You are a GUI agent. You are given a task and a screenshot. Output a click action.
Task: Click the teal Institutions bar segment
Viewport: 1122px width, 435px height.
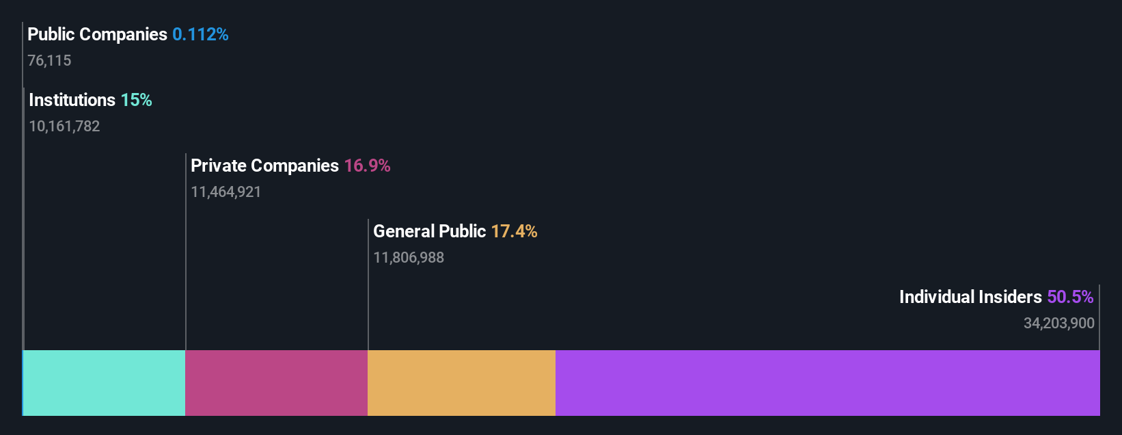pos(104,383)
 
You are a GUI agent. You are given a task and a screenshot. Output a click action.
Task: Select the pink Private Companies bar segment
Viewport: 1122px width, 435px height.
pos(276,383)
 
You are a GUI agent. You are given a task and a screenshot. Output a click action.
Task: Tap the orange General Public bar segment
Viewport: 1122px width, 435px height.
pos(461,383)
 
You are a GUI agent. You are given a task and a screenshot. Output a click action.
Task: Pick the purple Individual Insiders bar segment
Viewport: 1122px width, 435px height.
pos(827,383)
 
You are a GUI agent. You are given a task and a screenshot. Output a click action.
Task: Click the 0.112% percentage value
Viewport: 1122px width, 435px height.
pos(200,34)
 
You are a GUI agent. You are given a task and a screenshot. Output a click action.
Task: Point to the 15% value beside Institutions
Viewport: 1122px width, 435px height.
pos(136,100)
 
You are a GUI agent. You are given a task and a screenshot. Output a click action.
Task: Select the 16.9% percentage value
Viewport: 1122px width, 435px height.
pos(367,166)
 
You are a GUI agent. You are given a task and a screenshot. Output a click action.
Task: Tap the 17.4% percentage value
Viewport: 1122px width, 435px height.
pos(514,231)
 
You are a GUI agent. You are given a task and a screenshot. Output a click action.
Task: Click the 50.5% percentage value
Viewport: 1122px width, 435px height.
pos(1070,297)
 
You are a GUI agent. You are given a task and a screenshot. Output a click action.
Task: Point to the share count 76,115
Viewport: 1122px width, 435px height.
pos(49,61)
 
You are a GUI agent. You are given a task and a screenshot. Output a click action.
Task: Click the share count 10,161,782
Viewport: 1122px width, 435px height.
pos(64,127)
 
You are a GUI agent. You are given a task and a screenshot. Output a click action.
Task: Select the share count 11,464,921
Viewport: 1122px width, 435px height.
pos(225,192)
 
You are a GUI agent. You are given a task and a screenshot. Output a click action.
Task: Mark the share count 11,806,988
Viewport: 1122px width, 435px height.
pos(409,258)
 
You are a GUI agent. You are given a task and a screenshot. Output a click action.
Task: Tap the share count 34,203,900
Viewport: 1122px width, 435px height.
pos(1058,324)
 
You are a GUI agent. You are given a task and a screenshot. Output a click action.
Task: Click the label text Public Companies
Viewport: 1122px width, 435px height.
pos(97,34)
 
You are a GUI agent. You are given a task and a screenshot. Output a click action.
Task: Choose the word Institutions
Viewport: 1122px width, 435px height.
pos(72,100)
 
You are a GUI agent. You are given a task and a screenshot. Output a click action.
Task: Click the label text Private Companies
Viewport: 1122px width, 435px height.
pos(264,166)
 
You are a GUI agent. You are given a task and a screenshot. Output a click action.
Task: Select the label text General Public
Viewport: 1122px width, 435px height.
pos(429,231)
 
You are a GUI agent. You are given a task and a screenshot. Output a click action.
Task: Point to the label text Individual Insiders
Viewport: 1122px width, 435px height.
pos(970,297)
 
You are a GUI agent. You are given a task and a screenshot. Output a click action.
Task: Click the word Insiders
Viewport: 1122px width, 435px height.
pos(1009,297)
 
